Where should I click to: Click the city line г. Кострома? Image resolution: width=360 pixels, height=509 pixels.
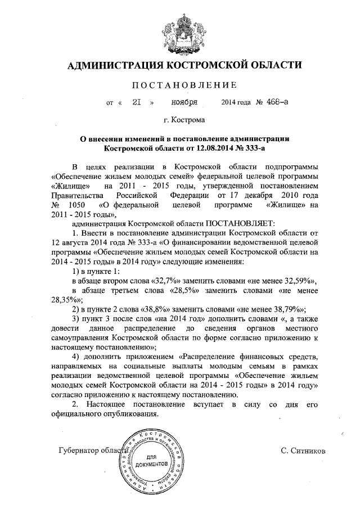tap(184, 120)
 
